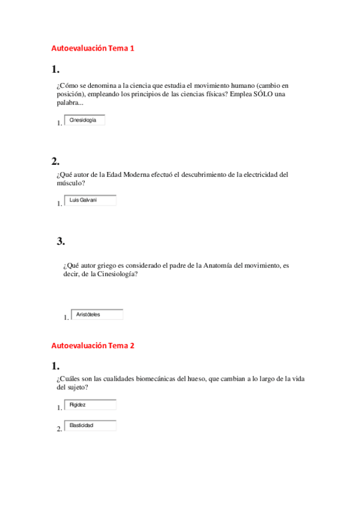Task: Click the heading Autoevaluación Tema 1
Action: [x=93, y=48]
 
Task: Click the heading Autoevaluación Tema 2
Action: [x=93, y=346]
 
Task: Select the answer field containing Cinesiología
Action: [x=84, y=120]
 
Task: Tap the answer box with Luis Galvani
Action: [x=90, y=200]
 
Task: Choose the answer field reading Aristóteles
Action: [x=96, y=315]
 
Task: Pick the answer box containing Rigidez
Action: [x=90, y=405]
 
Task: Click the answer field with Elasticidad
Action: [x=90, y=426]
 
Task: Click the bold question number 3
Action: [x=60, y=242]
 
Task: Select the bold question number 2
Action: [x=55, y=161]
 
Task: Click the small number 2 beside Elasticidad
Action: [x=59, y=429]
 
